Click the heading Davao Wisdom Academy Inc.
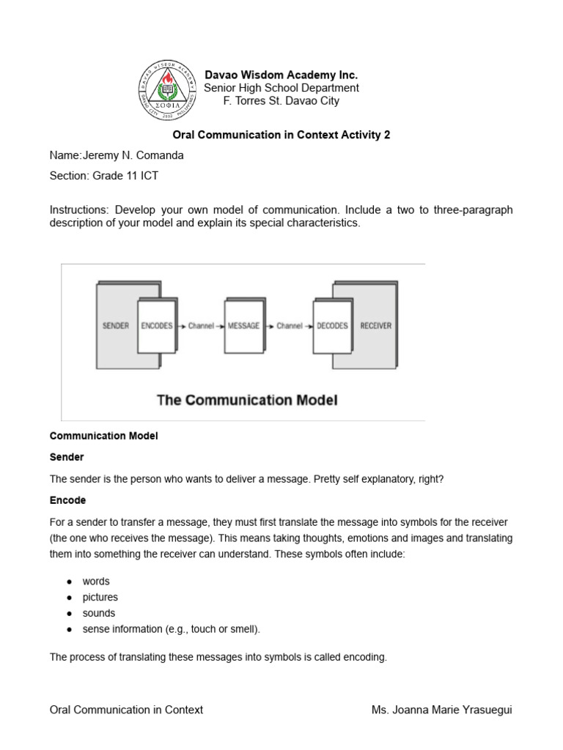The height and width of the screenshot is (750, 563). (281, 75)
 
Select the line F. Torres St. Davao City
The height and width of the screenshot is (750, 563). (281, 101)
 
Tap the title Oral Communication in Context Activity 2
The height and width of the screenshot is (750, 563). (281, 135)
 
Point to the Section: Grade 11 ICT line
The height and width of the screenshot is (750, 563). (103, 176)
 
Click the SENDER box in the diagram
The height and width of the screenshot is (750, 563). (116, 325)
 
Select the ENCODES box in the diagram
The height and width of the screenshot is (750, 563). (156, 325)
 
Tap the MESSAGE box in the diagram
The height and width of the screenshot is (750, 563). (244, 325)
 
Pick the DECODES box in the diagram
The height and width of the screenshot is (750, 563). (332, 325)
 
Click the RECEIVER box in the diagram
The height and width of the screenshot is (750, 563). (376, 325)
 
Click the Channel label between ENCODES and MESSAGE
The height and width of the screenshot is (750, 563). (201, 325)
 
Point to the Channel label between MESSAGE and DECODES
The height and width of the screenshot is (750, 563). (290, 325)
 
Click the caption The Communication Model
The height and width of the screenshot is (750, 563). (248, 400)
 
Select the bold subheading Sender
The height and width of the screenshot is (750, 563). (67, 457)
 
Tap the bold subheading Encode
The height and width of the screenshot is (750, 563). (67, 500)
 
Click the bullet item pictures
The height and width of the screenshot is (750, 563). (100, 597)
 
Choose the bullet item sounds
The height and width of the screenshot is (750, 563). (99, 613)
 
